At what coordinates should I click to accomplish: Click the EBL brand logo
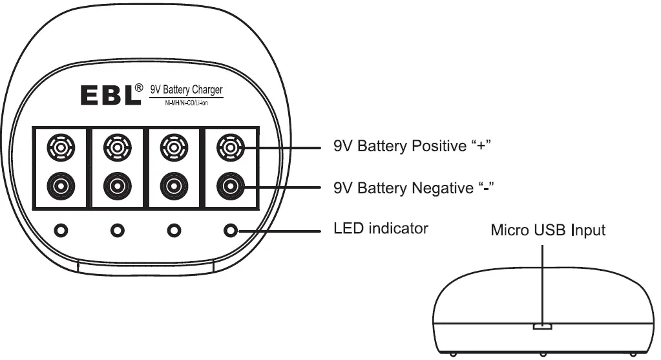[x=110, y=96]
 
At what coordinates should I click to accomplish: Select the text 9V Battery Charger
[x=186, y=90]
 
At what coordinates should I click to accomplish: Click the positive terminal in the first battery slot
[x=60, y=147]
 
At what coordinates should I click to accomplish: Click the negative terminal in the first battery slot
[x=60, y=187]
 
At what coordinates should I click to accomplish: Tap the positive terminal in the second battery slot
[x=116, y=147]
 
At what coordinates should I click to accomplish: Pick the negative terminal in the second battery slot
[x=116, y=187]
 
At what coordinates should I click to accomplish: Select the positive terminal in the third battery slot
[x=173, y=147]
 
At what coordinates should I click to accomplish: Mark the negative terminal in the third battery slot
[x=173, y=187]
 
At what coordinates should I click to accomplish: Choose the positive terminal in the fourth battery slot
[x=229, y=147]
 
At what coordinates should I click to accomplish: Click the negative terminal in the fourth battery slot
[x=229, y=187]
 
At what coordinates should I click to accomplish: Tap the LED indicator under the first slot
[x=61, y=229]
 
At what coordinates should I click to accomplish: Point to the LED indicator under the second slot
[x=117, y=229]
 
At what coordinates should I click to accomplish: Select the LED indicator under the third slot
[x=173, y=229]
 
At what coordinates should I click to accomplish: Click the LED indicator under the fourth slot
[x=230, y=229]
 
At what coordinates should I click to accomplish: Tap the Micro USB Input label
[x=548, y=230]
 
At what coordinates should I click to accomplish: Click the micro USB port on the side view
[x=542, y=327]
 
